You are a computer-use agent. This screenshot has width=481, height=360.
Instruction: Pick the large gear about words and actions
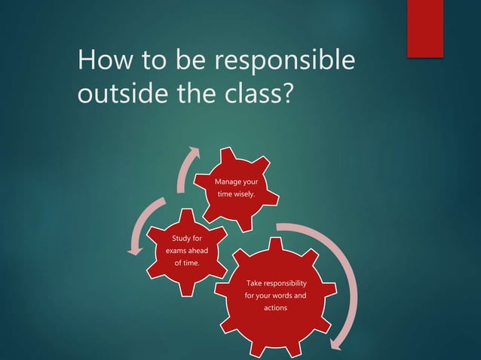pyautogui.click(x=276, y=297)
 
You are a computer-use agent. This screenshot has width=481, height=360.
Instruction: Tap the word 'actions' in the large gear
pyautogui.click(x=276, y=308)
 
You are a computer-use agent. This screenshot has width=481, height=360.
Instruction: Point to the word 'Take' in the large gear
pyautogui.click(x=256, y=282)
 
